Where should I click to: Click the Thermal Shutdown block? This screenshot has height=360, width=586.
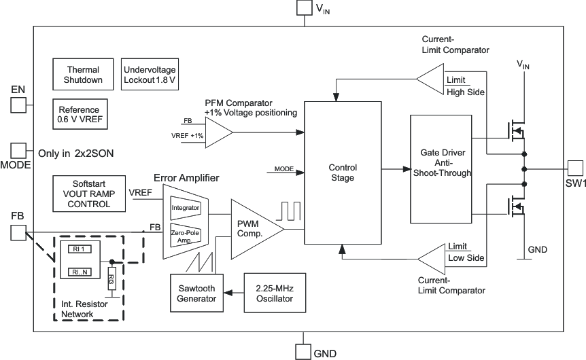pyautogui.click(x=83, y=75)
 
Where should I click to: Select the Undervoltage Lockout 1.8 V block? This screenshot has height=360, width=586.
pyautogui.click(x=150, y=75)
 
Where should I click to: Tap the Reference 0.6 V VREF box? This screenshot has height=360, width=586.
pyautogui.click(x=79, y=114)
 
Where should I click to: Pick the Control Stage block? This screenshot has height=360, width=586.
pyautogui.click(x=342, y=173)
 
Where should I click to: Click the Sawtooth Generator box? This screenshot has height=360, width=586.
pyautogui.click(x=197, y=293)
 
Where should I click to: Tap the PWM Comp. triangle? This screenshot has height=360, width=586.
pyautogui.click(x=252, y=229)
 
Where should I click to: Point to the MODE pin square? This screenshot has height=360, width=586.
pyautogui.click(x=18, y=151)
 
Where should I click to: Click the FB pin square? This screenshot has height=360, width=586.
pyautogui.click(x=18, y=233)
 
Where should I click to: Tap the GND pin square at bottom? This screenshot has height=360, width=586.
pyautogui.click(x=303, y=351)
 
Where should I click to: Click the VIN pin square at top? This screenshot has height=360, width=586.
pyautogui.click(x=303, y=8)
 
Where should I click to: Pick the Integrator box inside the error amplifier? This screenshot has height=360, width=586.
pyautogui.click(x=184, y=206)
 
